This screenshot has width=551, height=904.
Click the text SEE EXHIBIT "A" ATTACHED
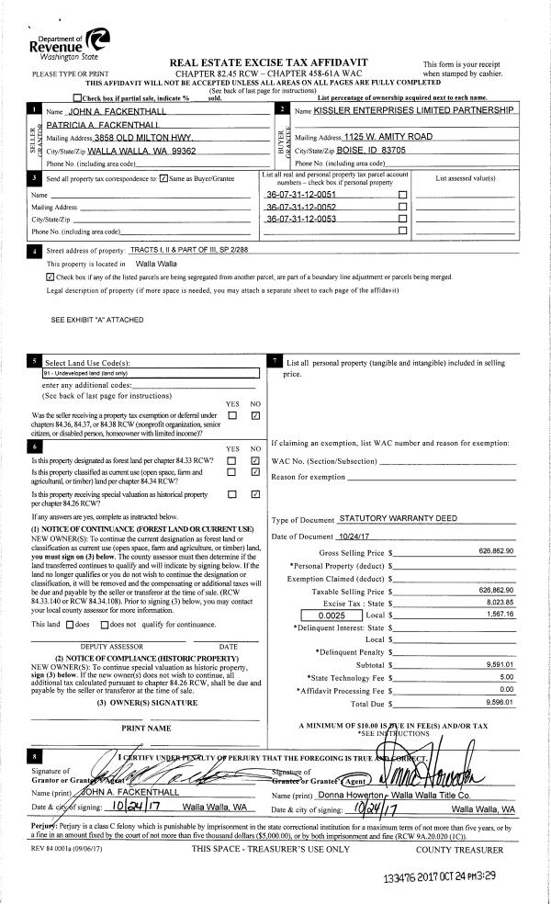coord(95,320)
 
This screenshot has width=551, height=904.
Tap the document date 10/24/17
coord(353,536)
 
